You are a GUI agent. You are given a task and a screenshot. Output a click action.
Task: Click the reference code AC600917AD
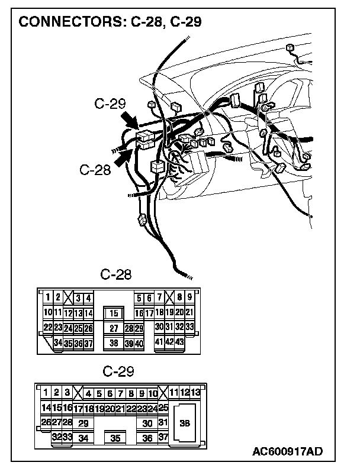click(x=287, y=452)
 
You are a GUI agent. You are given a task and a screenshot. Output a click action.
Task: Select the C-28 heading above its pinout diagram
click(x=116, y=274)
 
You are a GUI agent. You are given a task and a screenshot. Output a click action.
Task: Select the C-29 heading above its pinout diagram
click(x=118, y=371)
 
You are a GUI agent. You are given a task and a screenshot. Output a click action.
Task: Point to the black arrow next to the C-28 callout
click(x=123, y=157)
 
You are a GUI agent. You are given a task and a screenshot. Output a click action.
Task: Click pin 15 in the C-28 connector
click(x=114, y=313)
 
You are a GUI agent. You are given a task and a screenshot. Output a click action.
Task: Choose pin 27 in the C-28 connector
click(x=114, y=328)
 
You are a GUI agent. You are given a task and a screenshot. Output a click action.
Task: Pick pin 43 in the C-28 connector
click(x=179, y=342)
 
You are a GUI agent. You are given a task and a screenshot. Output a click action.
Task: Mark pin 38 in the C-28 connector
click(x=114, y=342)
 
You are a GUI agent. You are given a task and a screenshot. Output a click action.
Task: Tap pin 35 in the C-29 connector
click(x=115, y=438)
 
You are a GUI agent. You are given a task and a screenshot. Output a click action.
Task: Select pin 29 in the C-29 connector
click(x=83, y=423)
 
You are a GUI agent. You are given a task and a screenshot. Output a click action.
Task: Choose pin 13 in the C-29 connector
click(x=195, y=393)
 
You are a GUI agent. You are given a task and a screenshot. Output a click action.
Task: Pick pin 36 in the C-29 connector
click(x=148, y=438)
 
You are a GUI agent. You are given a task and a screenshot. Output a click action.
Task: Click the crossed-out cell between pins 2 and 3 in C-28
click(x=68, y=298)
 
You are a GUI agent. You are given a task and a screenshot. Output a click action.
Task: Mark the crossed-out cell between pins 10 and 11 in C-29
click(x=163, y=393)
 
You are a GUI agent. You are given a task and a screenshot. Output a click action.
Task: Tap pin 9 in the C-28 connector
click(x=189, y=298)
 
